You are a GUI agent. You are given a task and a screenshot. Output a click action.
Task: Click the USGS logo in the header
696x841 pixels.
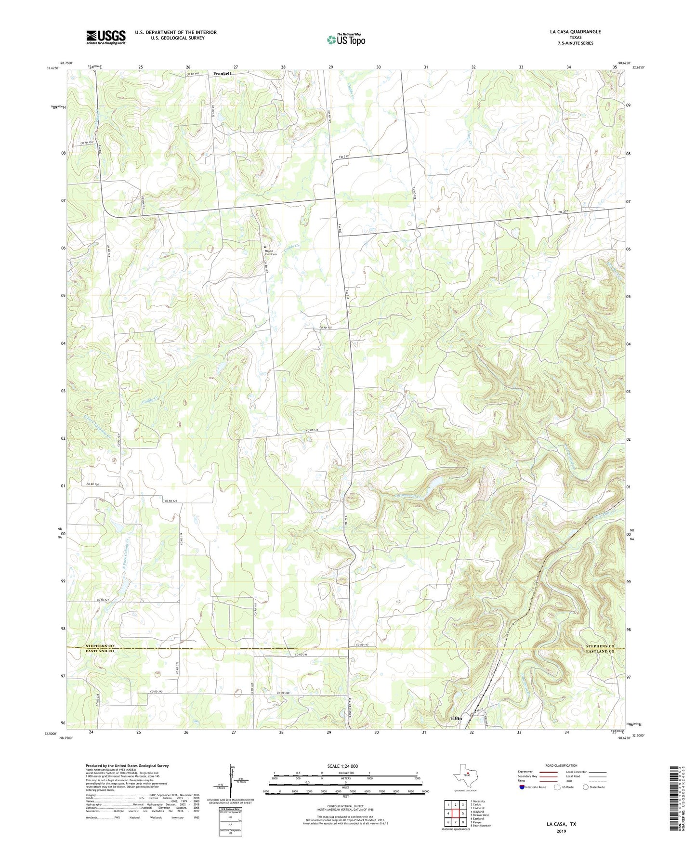(x=106, y=37)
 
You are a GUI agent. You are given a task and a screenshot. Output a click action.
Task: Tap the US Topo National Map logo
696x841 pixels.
(x=346, y=39)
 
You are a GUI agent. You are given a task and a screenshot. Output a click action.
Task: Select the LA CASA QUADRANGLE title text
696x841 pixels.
(x=575, y=32)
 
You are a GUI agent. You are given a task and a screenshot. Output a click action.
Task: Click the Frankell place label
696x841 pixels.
(x=222, y=74)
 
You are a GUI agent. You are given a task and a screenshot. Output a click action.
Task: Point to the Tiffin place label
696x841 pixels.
(x=456, y=718)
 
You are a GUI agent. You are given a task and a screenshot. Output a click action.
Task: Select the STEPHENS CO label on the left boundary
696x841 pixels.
(x=100, y=646)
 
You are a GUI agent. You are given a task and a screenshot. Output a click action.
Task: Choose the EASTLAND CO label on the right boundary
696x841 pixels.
(x=600, y=652)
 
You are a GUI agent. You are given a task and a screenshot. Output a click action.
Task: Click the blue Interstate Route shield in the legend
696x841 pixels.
(x=522, y=787)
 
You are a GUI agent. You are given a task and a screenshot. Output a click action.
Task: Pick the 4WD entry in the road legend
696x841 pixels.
(x=571, y=781)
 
